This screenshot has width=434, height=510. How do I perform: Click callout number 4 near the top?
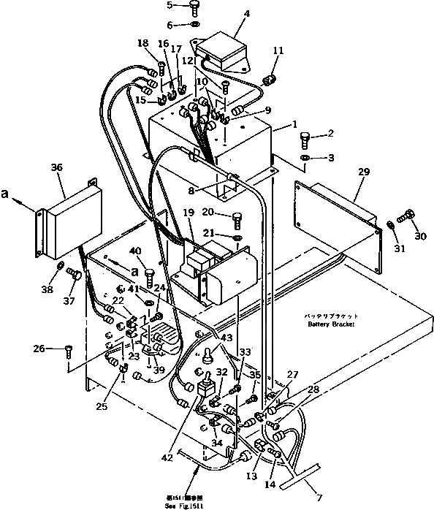226,13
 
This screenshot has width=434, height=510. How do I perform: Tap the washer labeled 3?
304,158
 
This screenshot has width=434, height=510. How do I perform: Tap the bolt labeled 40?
150,276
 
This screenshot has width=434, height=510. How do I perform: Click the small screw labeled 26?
69,349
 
